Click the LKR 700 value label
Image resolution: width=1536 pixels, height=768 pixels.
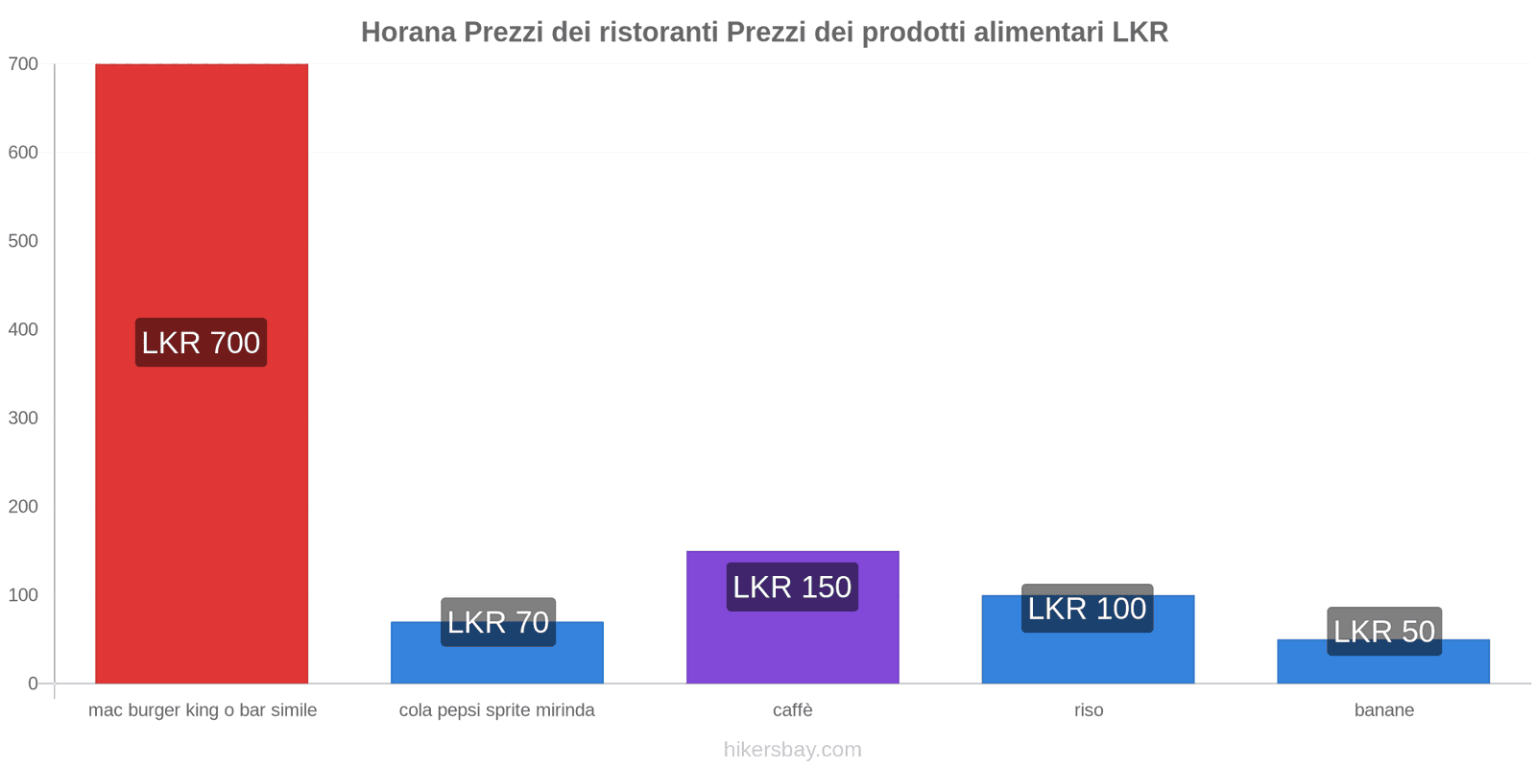(x=201, y=343)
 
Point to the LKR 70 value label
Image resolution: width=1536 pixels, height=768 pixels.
(x=497, y=622)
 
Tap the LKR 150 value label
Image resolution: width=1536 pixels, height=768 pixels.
(x=792, y=587)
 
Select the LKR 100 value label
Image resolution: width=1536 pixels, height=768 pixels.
(x=1087, y=609)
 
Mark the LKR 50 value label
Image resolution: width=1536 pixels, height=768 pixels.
(x=1383, y=632)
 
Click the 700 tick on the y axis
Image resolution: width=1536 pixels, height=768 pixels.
(x=23, y=64)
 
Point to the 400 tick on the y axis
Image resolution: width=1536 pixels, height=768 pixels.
(x=23, y=329)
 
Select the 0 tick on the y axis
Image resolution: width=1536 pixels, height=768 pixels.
(x=33, y=684)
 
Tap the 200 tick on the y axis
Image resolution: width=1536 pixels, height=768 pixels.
(x=23, y=507)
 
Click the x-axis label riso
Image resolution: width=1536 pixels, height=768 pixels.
(x=1088, y=710)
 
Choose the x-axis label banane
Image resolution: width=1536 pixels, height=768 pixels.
(x=1383, y=710)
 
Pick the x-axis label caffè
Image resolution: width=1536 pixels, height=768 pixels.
(x=792, y=710)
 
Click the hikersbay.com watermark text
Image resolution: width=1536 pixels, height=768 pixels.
(x=792, y=750)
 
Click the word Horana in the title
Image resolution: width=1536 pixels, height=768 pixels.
(x=408, y=33)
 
